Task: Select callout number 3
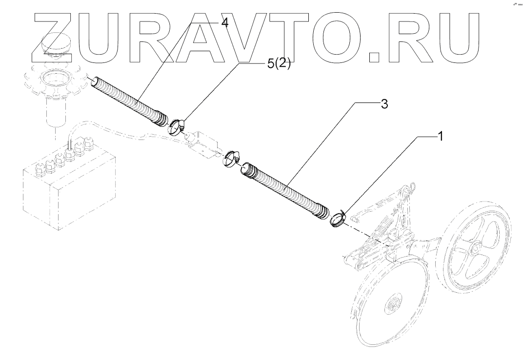[384, 105]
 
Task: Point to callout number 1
[439, 137]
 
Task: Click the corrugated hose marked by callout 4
[129, 100]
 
